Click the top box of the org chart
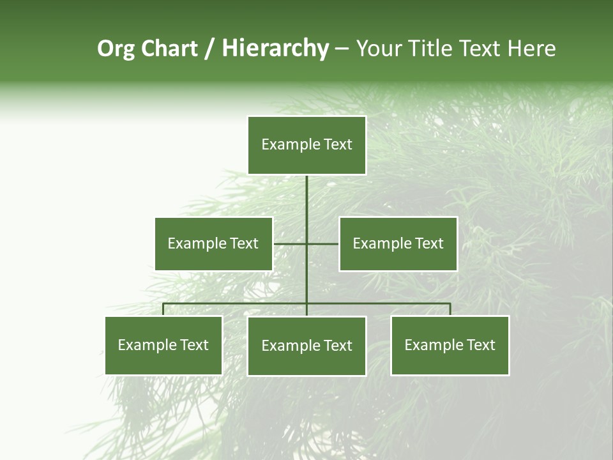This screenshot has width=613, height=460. click(x=306, y=145)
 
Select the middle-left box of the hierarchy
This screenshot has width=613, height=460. click(x=213, y=243)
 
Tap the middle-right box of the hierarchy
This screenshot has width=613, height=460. click(x=398, y=243)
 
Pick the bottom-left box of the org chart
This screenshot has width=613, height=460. click(x=163, y=345)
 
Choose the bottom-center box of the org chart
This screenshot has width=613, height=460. click(x=306, y=346)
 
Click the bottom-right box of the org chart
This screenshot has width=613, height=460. click(x=450, y=345)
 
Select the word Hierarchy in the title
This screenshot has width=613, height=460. click(x=275, y=49)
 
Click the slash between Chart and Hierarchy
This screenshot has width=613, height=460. click(x=210, y=49)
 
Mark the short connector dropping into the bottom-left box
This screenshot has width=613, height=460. click(x=163, y=309)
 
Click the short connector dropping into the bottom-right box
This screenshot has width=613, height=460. click(x=450, y=309)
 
